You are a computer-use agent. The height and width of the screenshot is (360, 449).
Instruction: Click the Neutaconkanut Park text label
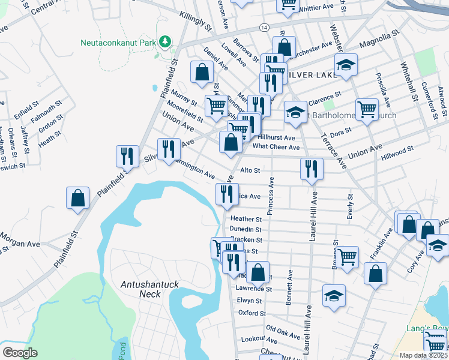(x=118, y=43)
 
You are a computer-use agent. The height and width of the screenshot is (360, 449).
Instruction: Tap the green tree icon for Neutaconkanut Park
(x=164, y=41)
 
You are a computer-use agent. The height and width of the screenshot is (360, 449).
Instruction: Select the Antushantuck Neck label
(x=141, y=289)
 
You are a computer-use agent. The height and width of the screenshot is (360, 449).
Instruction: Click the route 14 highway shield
(x=264, y=28)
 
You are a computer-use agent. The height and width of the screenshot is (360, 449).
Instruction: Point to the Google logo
(x=20, y=353)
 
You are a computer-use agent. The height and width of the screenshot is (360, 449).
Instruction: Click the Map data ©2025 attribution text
(x=423, y=355)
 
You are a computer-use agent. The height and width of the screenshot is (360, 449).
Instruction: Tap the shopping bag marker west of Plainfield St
(x=78, y=199)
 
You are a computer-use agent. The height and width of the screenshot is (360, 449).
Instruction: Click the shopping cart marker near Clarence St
(x=367, y=109)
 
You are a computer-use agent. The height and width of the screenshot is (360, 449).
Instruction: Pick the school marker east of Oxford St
(x=334, y=295)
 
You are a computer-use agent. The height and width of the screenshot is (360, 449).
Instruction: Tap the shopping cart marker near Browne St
(x=348, y=257)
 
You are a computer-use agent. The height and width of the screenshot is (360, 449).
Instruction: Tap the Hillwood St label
(x=397, y=153)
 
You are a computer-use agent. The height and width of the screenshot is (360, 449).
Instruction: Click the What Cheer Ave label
(x=276, y=147)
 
